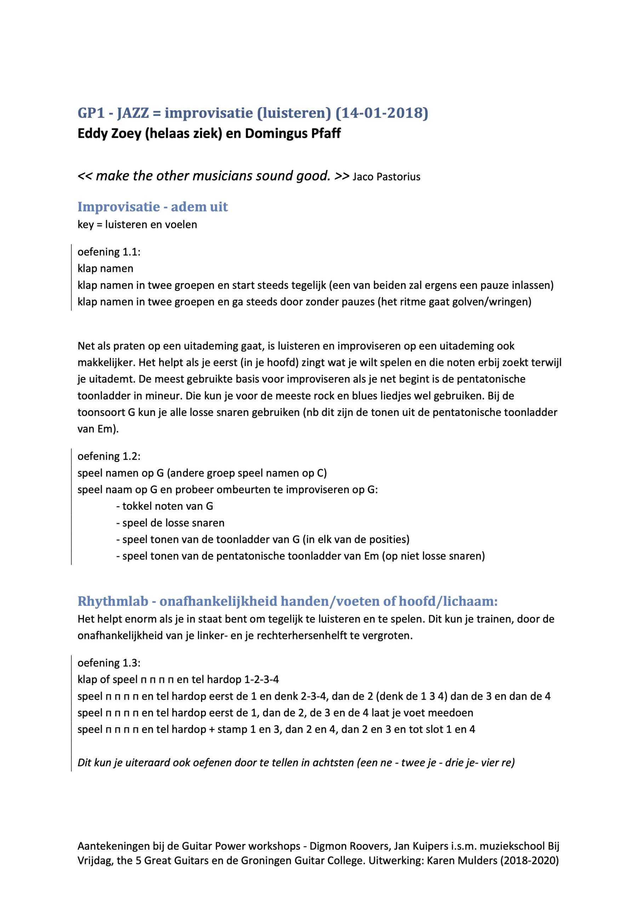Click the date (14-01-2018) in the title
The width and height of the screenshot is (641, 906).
pyautogui.click(x=382, y=113)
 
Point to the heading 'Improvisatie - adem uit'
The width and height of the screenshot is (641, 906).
pyautogui.click(x=152, y=207)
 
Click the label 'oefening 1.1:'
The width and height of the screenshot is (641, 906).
pyautogui.click(x=109, y=252)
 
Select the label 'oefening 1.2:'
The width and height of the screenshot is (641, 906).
pyautogui.click(x=109, y=456)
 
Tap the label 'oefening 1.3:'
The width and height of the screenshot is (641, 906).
pyautogui.click(x=109, y=663)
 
